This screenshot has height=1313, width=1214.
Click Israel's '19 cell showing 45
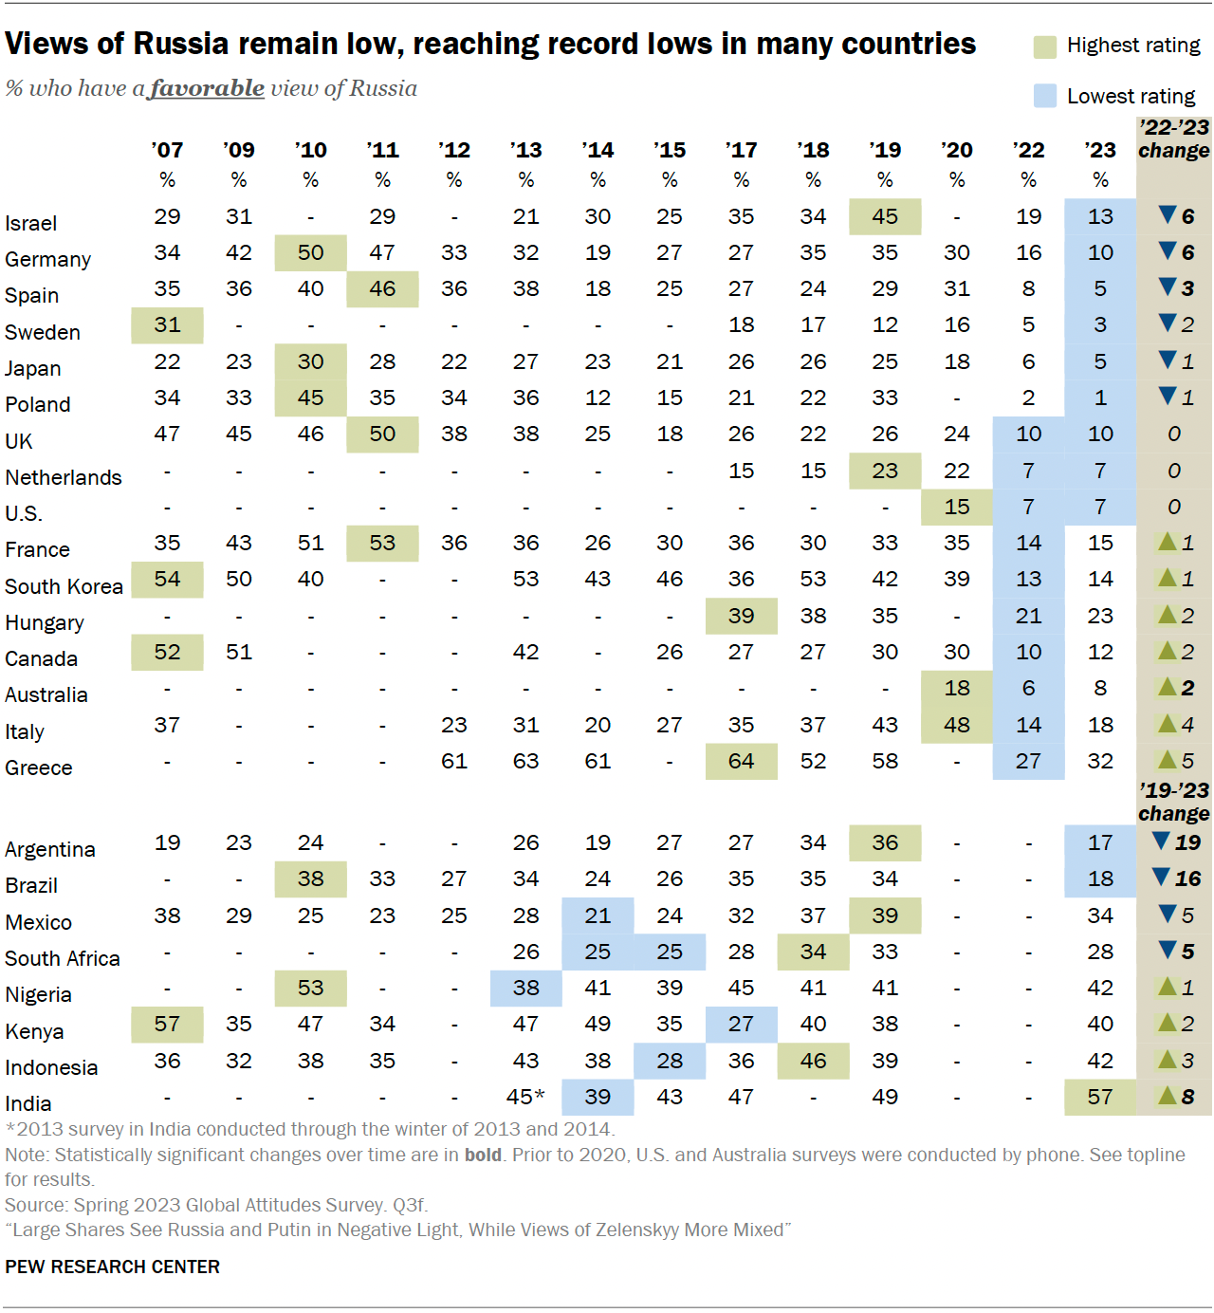click(885, 216)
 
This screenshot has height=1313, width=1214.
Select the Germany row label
click(48, 259)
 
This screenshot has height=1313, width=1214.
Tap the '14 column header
click(598, 150)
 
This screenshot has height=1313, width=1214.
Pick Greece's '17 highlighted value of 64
click(741, 761)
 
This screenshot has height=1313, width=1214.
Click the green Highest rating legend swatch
click(1044, 46)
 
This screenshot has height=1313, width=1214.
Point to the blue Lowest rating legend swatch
click(1044, 96)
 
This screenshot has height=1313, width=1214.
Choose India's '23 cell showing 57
click(1100, 1097)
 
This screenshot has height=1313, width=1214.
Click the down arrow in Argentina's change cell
click(1161, 841)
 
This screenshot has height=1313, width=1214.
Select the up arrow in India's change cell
click(1168, 1096)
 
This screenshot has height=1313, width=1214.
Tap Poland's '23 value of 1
click(1100, 398)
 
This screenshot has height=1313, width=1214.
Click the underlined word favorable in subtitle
click(208, 88)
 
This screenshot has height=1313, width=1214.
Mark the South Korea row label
click(64, 586)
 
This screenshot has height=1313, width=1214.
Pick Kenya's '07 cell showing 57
click(167, 1024)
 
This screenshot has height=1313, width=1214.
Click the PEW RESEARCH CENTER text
click(112, 1267)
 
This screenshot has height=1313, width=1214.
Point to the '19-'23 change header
click(1173, 802)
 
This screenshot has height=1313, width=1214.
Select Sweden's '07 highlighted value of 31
click(167, 324)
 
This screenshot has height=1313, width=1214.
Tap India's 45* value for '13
click(525, 1097)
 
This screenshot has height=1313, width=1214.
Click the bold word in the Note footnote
click(483, 1155)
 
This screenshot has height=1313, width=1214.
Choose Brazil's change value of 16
click(1187, 878)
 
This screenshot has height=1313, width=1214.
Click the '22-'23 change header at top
click(1173, 139)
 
